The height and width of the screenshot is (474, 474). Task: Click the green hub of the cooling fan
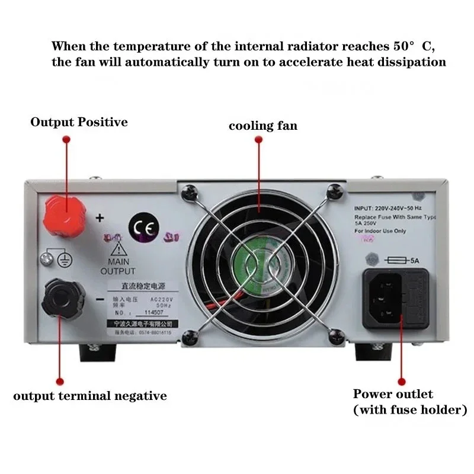pos(258,266)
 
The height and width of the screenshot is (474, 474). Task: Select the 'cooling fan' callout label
pos(263,126)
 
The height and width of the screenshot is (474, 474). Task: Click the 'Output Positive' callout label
pos(79,122)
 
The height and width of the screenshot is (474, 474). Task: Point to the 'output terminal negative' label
pos(90,396)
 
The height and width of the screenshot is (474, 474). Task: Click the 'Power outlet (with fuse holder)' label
pos(410,402)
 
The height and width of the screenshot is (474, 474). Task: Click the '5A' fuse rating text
pos(415,259)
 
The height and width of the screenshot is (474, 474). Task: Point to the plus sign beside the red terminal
pos(100,218)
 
